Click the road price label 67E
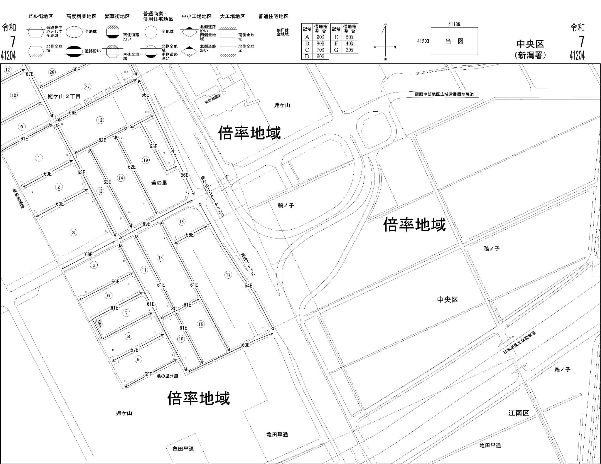pos(30,74)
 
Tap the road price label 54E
pos(248,285)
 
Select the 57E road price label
pos(134,350)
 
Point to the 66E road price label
pos(73,112)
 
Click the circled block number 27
pos(87,86)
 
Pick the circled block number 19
pos(146,160)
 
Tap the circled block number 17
pos(228,275)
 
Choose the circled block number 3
pos(73,233)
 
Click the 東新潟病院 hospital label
pos(213,99)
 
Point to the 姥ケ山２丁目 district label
pos(64,96)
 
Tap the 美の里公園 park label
pos(167,376)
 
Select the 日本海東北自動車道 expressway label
pos(519,342)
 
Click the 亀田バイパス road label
pos(248,264)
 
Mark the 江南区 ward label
pos(519,413)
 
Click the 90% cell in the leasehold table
pos(320,37)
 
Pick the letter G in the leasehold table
pos(336,50)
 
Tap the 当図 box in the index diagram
pos(454,41)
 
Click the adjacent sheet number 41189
pos(454,24)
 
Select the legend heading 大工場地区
pos(232,16)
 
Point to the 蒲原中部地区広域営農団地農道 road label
pos(444,94)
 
